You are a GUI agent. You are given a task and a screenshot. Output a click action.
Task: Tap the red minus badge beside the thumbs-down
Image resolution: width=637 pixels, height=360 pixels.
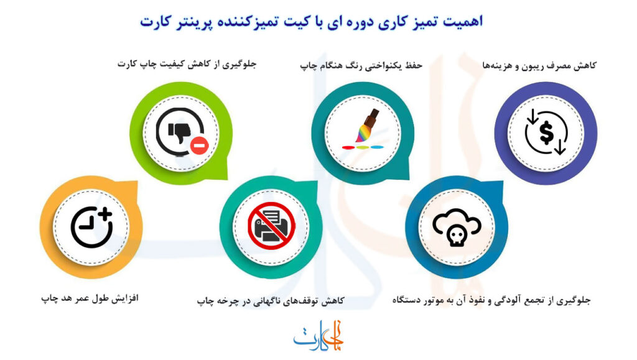pos(198,145)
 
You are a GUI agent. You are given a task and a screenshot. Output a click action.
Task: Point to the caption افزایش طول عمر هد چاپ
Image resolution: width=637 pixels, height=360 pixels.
pos(90,299)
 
